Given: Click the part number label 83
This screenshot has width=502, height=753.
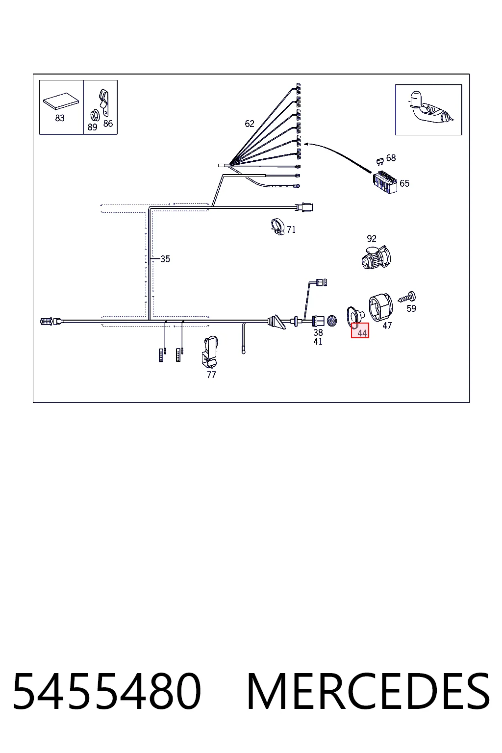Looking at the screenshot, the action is pyautogui.click(x=59, y=118).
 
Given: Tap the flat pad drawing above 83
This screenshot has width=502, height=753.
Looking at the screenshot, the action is pyautogui.click(x=61, y=101).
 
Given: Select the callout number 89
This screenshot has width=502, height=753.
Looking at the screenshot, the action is pyautogui.click(x=92, y=127).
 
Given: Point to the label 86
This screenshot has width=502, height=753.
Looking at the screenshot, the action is pyautogui.click(x=108, y=124).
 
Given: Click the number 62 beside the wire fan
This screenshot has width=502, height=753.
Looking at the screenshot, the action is pyautogui.click(x=250, y=124).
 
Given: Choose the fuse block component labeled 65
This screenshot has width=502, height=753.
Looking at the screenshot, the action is pyautogui.click(x=385, y=182).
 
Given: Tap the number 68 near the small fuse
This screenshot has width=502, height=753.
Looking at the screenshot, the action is pyautogui.click(x=391, y=158).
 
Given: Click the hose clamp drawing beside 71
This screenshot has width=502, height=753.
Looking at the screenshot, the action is pyautogui.click(x=277, y=226).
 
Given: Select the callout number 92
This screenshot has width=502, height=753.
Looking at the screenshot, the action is pyautogui.click(x=372, y=239).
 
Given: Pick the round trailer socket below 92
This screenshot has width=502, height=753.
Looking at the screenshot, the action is pyautogui.click(x=376, y=257).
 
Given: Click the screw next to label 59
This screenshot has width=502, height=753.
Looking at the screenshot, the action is pyautogui.click(x=407, y=298).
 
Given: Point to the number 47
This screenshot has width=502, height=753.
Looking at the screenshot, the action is pyautogui.click(x=387, y=326).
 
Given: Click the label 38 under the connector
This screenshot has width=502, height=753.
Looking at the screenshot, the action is pyautogui.click(x=318, y=332).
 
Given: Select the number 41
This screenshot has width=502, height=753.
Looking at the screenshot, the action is pyautogui.click(x=318, y=342).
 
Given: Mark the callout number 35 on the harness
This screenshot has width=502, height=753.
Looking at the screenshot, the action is pyautogui.click(x=165, y=259).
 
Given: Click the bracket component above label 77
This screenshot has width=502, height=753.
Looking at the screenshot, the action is pyautogui.click(x=210, y=351).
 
